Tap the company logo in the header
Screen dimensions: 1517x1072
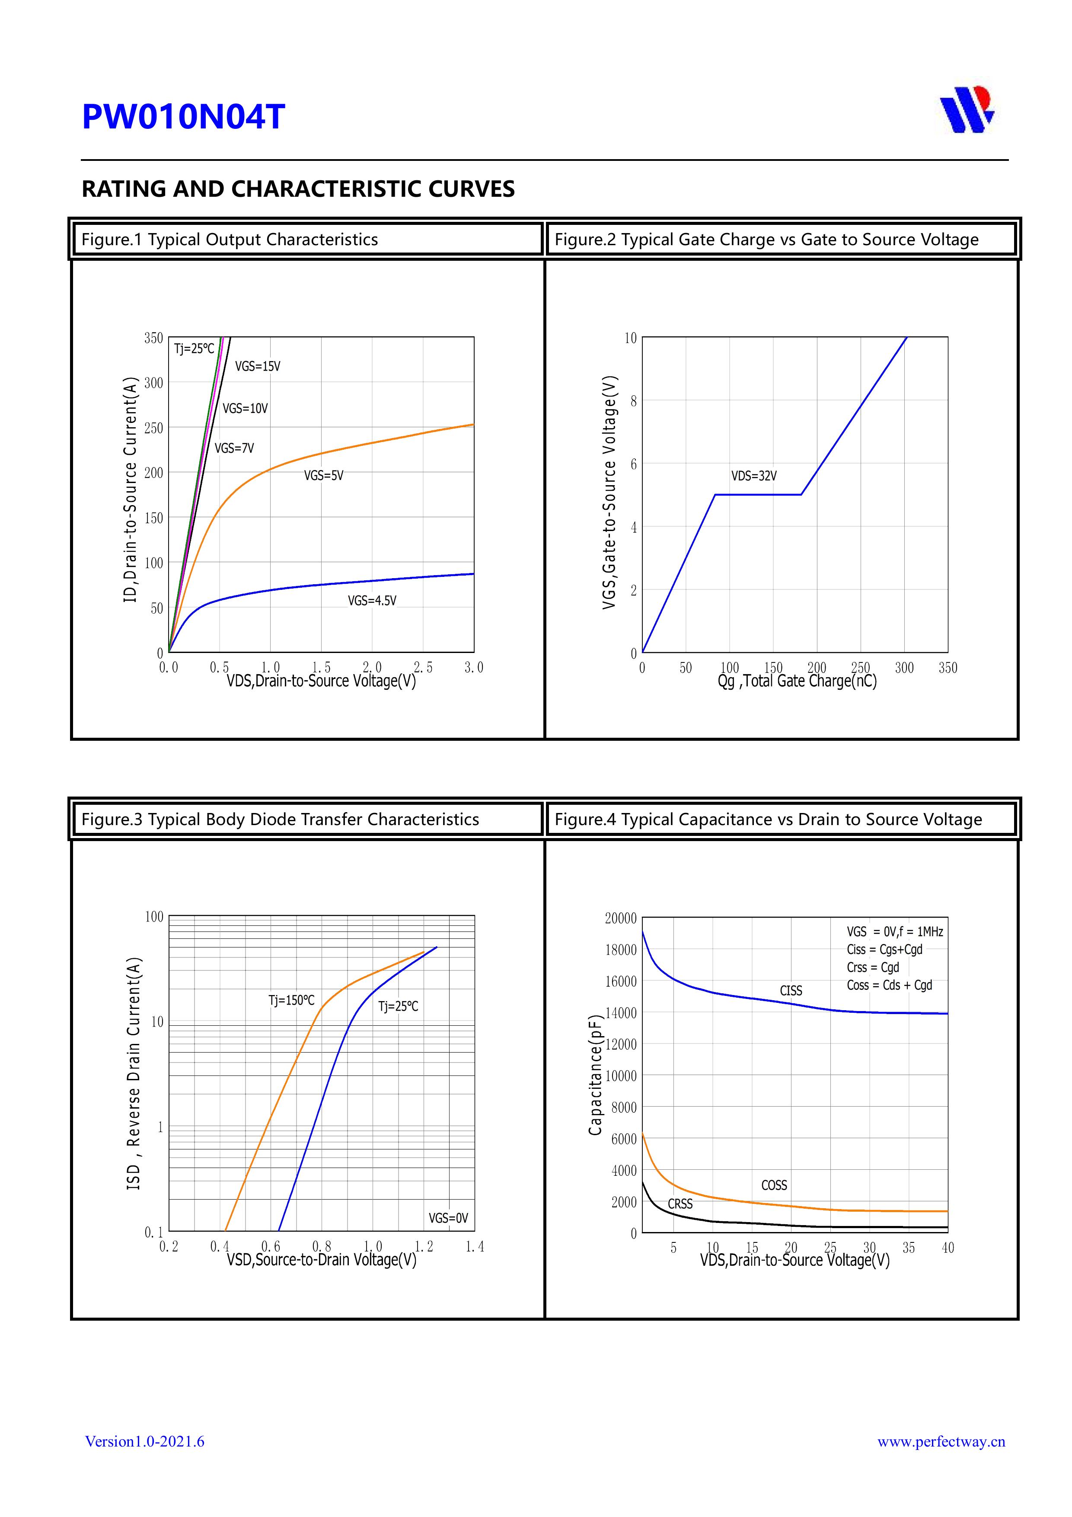point(967,109)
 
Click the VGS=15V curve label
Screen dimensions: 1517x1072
point(258,366)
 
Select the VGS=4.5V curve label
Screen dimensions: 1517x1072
point(372,601)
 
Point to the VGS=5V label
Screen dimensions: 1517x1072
point(324,476)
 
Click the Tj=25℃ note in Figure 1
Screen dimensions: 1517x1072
point(194,349)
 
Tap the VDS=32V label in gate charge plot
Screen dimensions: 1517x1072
point(753,476)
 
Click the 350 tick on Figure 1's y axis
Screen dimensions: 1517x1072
point(153,338)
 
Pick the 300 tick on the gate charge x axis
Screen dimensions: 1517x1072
point(904,668)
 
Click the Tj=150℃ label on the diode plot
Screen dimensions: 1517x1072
point(291,1000)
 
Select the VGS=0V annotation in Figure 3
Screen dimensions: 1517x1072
point(448,1218)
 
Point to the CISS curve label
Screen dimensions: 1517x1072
point(791,990)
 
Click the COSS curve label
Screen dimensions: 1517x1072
point(774,1185)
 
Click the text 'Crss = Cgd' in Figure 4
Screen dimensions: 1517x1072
point(873,967)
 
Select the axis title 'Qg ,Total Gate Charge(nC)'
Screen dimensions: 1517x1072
point(797,681)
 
